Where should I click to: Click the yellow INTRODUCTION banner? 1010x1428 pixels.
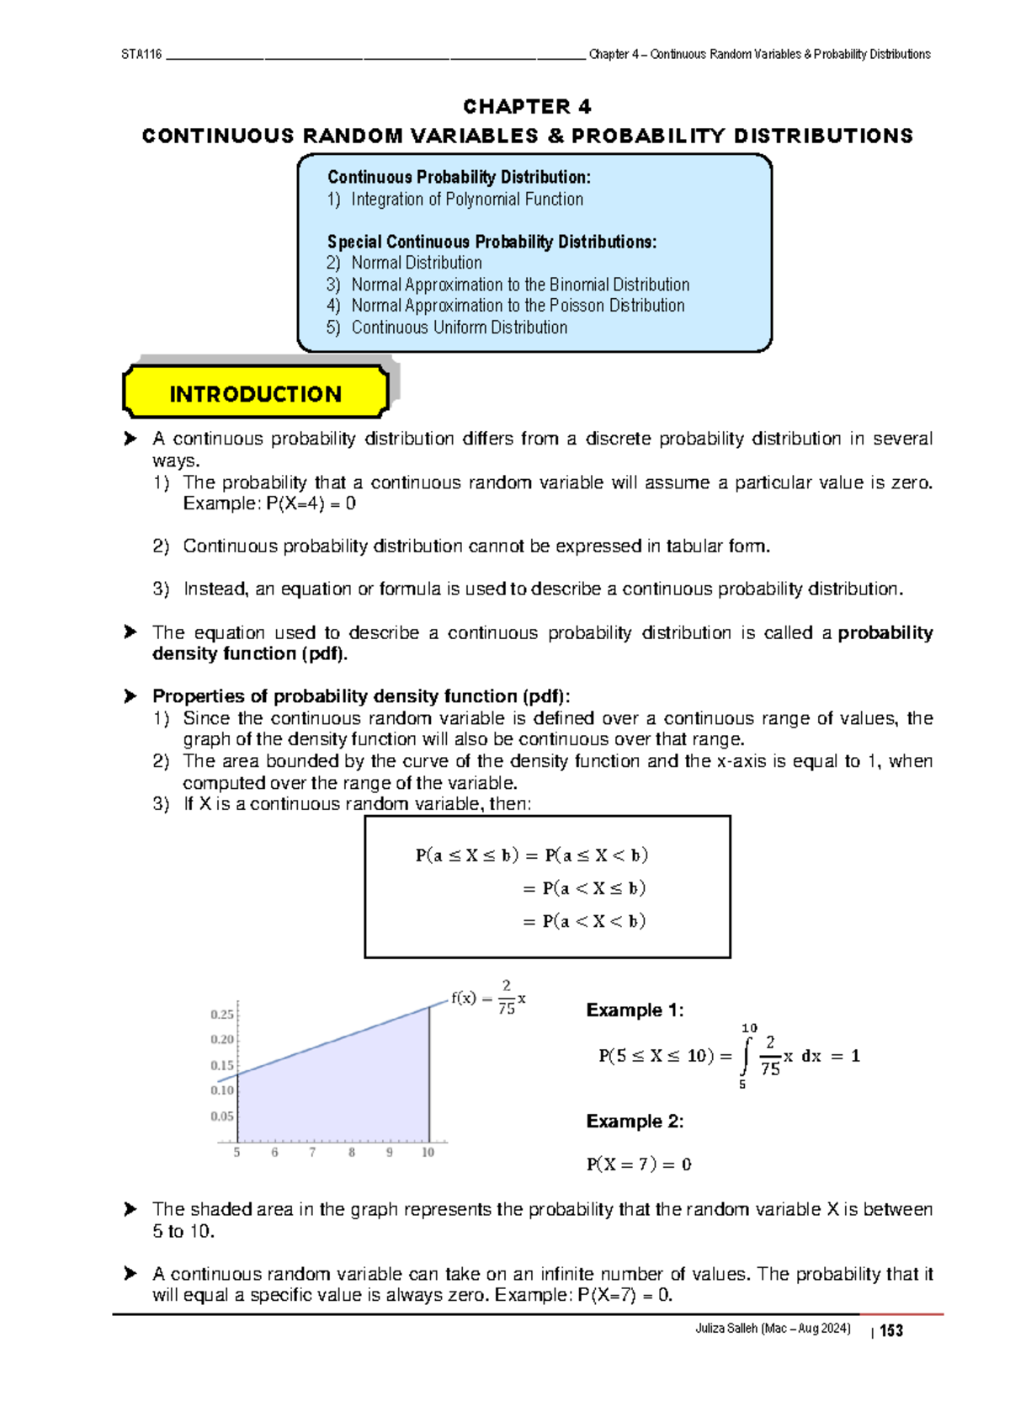(x=255, y=393)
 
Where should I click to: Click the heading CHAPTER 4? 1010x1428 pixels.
(x=527, y=107)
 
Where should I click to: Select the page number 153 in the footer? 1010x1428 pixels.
(x=891, y=1330)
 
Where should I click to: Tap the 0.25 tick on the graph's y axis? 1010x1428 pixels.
(x=222, y=1015)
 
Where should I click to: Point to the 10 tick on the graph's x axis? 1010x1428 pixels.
(x=428, y=1153)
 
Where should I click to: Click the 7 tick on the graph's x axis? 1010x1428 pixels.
(x=312, y=1153)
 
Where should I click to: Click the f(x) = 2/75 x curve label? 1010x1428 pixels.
(x=488, y=999)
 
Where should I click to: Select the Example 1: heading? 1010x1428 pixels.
(x=635, y=1010)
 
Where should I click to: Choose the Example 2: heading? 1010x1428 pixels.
(x=635, y=1122)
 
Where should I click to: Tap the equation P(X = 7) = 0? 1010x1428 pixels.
(x=639, y=1164)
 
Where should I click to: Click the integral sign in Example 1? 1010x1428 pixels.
(x=744, y=1057)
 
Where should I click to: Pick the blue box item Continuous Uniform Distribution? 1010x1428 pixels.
(x=459, y=328)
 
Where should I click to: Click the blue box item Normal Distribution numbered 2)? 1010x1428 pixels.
(x=416, y=263)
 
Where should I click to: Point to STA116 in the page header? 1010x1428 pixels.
(x=141, y=55)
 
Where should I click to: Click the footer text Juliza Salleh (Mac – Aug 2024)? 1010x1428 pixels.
(x=772, y=1329)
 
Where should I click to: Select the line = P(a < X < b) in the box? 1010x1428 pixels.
(x=584, y=921)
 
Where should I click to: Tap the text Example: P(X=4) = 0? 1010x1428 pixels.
(x=269, y=504)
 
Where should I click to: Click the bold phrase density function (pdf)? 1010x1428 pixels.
(x=250, y=654)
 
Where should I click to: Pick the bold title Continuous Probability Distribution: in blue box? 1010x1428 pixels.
(x=459, y=177)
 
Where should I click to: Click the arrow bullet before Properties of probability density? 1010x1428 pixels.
(x=130, y=696)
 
